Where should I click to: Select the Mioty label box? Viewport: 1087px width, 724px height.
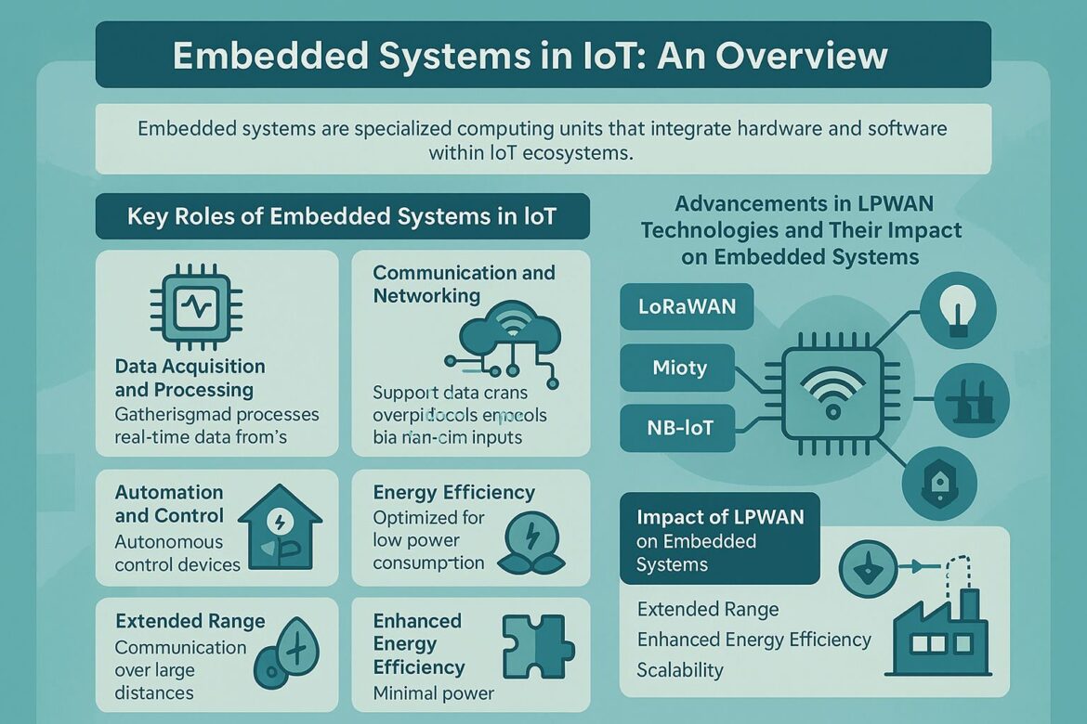(x=678, y=368)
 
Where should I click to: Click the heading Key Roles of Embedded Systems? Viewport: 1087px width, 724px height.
(x=342, y=216)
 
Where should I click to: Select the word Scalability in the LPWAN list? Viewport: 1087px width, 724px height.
(x=680, y=669)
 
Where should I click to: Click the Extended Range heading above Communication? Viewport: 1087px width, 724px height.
(x=190, y=621)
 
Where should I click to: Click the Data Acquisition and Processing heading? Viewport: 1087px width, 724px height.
(x=190, y=378)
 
